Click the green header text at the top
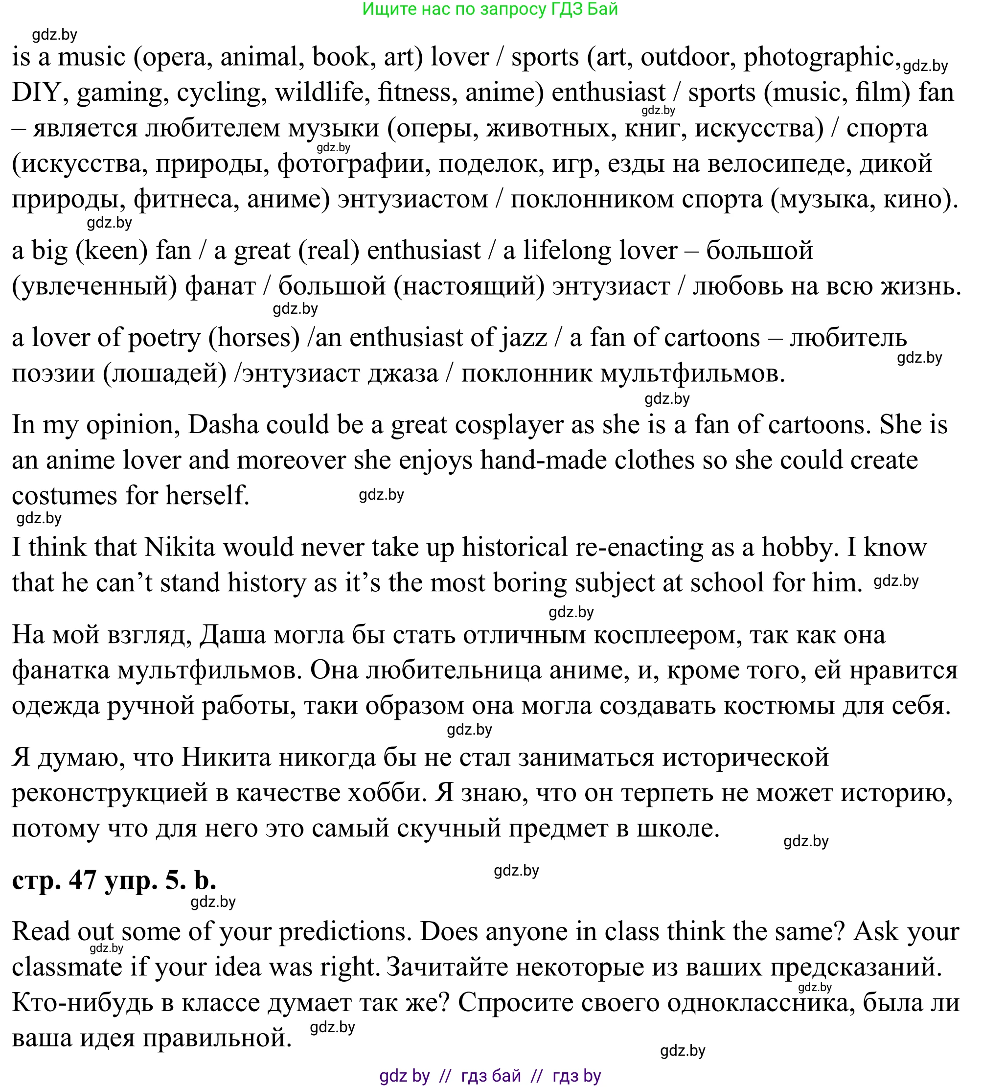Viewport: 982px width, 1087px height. point(490,9)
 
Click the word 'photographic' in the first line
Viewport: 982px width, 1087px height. point(819,57)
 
